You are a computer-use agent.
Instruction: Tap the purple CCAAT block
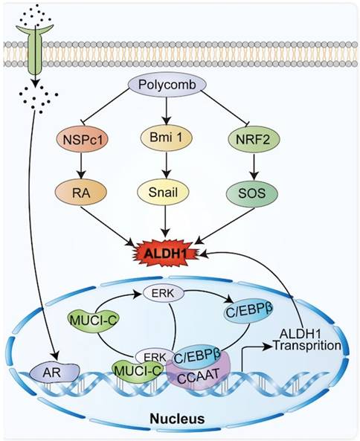(x=196, y=376)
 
